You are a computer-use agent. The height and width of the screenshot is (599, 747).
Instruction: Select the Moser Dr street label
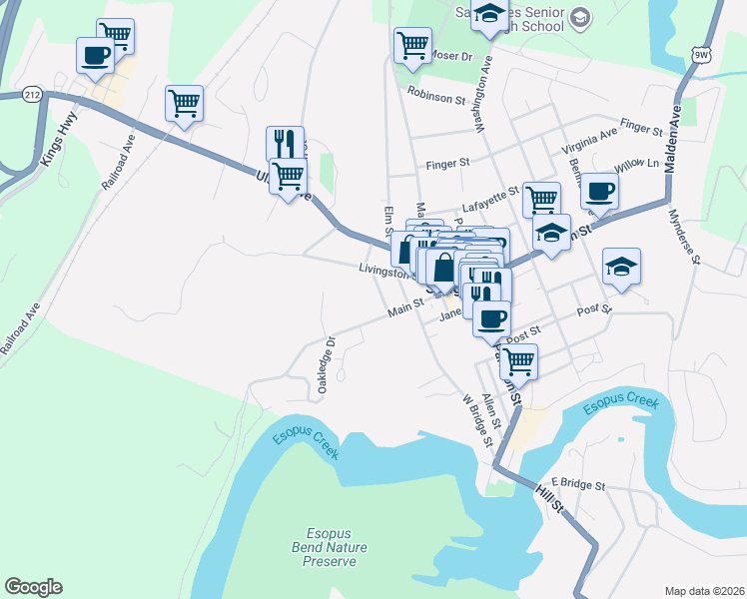tap(451, 57)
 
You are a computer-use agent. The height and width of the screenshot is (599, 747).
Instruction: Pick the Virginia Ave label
tap(589, 147)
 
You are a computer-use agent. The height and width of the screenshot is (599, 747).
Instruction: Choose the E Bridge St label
tap(578, 484)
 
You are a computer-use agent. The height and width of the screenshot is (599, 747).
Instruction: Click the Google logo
tap(33, 587)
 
